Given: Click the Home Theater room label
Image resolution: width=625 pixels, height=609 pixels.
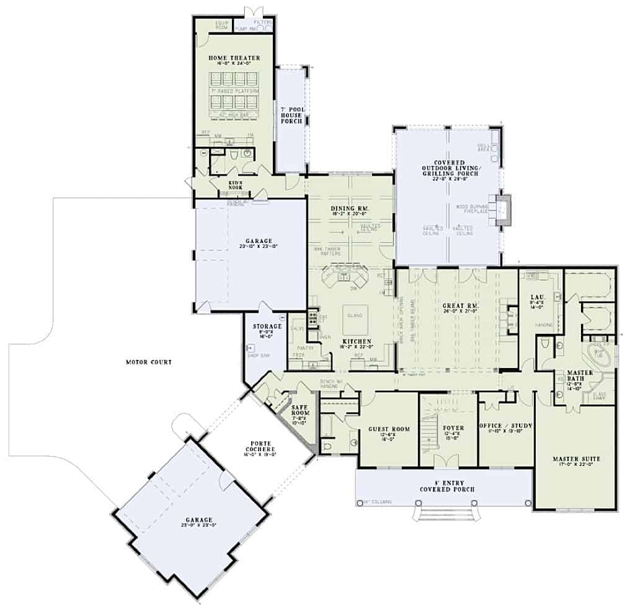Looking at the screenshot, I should (234, 58).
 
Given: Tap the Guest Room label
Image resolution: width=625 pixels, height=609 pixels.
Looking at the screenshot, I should (389, 429).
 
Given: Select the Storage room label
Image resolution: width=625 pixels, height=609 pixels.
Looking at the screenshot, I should (267, 326).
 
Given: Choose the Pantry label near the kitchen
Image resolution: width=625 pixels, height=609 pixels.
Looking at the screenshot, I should (303, 348).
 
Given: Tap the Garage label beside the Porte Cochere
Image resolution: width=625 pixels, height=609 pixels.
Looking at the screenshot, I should (198, 520).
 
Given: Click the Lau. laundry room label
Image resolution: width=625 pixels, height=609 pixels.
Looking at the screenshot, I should (537, 298).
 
